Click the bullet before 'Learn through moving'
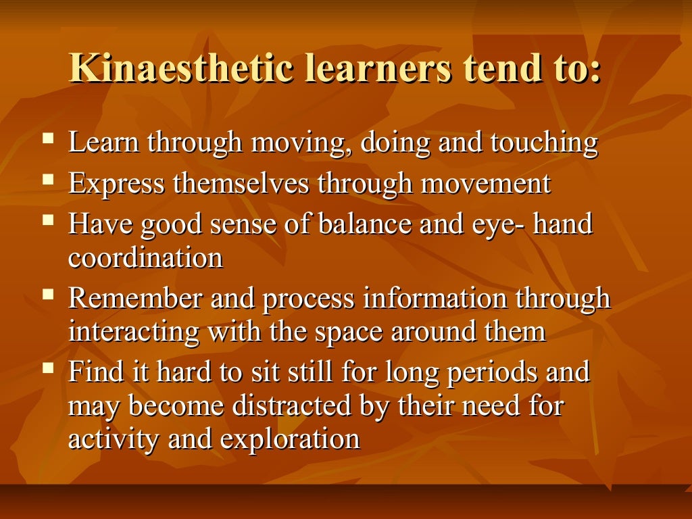click(x=47, y=141)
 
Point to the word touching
click(x=544, y=143)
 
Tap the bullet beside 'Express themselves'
click(x=47, y=181)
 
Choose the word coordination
click(x=145, y=258)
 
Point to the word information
click(x=436, y=299)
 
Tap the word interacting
click(x=134, y=332)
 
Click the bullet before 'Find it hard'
click(x=47, y=369)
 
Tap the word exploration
click(x=290, y=440)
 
